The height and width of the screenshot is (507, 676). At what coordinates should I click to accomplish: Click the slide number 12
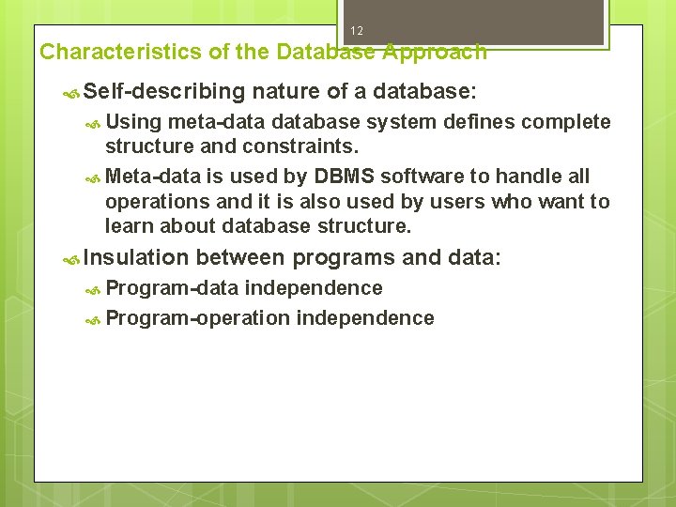[357, 31]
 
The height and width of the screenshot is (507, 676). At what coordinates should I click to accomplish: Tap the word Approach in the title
[435, 52]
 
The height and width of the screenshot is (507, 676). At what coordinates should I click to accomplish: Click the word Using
[133, 123]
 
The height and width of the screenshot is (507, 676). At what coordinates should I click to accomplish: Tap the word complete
[566, 123]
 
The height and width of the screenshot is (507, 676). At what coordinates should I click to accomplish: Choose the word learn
[131, 225]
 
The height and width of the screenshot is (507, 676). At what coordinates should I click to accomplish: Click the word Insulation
[136, 257]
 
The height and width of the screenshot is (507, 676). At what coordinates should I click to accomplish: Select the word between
[241, 257]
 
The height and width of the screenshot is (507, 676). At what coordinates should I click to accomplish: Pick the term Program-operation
[197, 318]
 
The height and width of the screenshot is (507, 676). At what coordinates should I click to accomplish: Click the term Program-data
[172, 288]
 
